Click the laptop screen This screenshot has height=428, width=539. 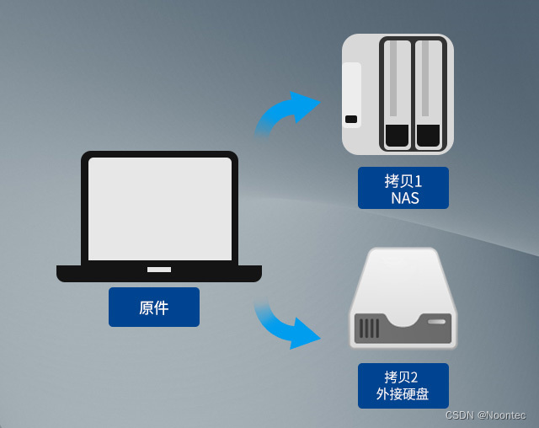click(160, 209)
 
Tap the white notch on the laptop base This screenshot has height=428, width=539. click(159, 270)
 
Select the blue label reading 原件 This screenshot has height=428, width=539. click(154, 307)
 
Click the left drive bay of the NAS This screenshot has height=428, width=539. click(397, 95)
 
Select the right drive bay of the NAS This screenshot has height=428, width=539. click(429, 95)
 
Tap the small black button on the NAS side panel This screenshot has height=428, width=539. click(351, 119)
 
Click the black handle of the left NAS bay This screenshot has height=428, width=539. click(397, 136)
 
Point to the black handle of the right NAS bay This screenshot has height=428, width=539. click(429, 136)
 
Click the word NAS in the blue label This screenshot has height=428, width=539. click(405, 198)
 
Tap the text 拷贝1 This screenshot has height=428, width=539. click(403, 181)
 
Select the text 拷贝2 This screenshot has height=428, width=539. click(401, 377)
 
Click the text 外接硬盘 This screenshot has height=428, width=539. click(403, 394)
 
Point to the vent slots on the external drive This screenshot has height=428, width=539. click(369, 329)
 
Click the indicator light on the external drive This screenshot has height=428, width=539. click(436, 322)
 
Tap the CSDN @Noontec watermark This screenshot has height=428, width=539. click(486, 415)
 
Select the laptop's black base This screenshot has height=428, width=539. click(159, 273)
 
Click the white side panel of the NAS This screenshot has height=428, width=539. click(352, 95)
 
